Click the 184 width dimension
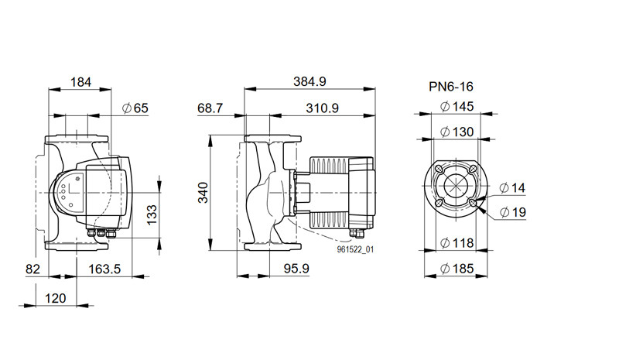[x=80, y=82]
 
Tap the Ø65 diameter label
[x=135, y=108]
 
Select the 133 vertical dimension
[x=152, y=214]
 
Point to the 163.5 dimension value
[x=104, y=269]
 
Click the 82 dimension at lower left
[x=32, y=269]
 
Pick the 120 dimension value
[x=55, y=298]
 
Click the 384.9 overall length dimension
[x=309, y=81]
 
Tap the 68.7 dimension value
[x=210, y=108]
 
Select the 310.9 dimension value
[x=322, y=108]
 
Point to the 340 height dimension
[x=203, y=193]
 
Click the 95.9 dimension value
[x=296, y=269]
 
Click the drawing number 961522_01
[x=355, y=249]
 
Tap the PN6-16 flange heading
[x=451, y=87]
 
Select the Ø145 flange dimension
[x=457, y=106]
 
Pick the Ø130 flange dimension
[x=457, y=132]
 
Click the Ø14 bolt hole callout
[x=512, y=187]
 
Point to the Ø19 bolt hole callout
[x=513, y=212]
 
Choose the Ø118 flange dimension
[x=457, y=242]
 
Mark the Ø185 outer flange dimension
[x=457, y=269]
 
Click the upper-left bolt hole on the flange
[x=439, y=169]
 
